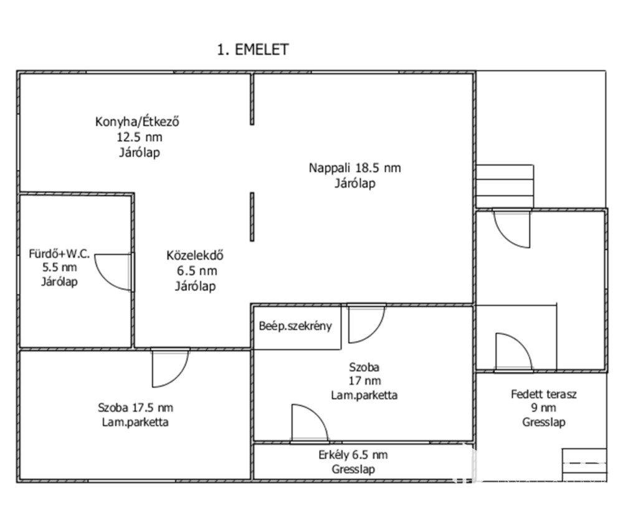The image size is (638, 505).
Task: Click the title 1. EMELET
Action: [x=252, y=50]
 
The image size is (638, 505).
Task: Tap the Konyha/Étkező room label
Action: [x=138, y=121]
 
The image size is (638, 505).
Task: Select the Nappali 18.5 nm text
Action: [x=355, y=168]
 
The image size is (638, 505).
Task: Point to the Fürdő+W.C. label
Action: [x=60, y=254]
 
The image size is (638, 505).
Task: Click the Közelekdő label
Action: [x=195, y=255]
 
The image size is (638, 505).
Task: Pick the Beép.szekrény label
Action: [x=296, y=326]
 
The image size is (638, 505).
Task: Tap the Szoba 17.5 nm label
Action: [x=135, y=408]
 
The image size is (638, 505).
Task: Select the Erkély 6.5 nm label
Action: [x=353, y=455]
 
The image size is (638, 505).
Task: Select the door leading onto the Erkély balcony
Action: [x=309, y=423]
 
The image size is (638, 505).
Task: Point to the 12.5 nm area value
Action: [x=140, y=137]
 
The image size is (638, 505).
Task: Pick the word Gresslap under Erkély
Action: [x=353, y=470]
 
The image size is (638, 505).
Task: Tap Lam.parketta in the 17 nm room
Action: [x=364, y=395]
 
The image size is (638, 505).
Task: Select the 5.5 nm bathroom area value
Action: [x=59, y=268]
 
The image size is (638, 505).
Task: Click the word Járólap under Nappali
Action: [x=355, y=183]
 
